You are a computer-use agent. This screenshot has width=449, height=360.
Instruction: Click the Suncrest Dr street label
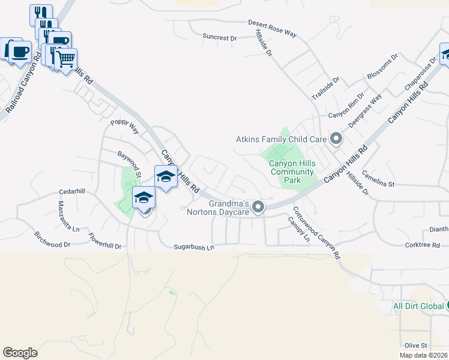tap(220, 37)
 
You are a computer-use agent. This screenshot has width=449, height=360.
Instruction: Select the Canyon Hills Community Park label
tap(292, 172)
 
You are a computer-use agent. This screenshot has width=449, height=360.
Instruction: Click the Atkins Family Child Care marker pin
tap(336, 139)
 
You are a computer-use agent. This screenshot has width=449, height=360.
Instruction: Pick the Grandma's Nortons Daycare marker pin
tap(259, 207)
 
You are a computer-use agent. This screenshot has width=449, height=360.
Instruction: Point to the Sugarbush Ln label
tap(194, 247)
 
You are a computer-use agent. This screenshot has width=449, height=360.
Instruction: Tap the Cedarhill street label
tap(72, 191)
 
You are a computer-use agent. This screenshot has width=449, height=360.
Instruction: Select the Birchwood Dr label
tap(52, 240)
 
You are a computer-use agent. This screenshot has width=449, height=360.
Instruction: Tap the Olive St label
tap(415, 346)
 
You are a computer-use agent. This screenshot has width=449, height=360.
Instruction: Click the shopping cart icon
tap(65, 59)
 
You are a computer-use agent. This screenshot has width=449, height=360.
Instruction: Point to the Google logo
tap(20, 353)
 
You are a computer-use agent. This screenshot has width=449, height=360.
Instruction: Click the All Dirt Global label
tap(418, 306)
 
